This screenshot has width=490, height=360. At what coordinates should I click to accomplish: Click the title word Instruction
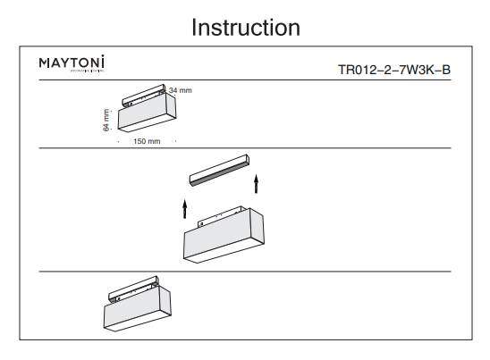pyautogui.click(x=246, y=28)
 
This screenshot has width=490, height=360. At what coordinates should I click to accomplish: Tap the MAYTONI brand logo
pyautogui.click(x=72, y=63)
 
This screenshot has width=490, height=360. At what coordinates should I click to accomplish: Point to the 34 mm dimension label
pyautogui.click(x=180, y=90)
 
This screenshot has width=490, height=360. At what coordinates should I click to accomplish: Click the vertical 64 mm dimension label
pyautogui.click(x=106, y=121)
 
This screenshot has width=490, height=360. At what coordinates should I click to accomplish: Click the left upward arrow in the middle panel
pyautogui.click(x=185, y=209)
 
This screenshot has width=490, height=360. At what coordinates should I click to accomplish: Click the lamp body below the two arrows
pyautogui.click(x=219, y=239)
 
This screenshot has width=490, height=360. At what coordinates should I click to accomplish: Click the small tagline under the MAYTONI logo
pyautogui.click(x=72, y=71)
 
